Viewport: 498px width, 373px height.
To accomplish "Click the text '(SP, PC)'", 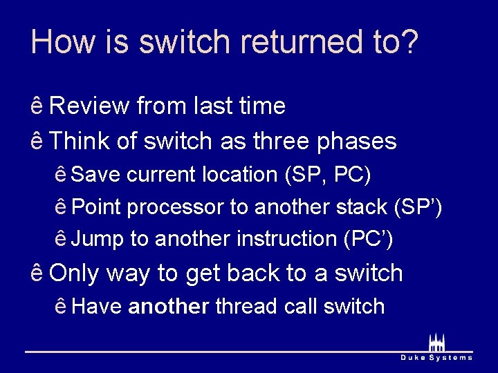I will (328, 175).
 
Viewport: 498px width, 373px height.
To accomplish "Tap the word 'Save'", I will (95, 175).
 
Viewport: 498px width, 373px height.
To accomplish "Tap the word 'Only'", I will (74, 273).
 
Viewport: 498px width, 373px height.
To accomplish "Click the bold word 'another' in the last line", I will (169, 306).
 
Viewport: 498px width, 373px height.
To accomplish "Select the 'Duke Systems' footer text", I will (436, 357).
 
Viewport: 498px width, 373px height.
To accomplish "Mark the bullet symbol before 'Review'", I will (37, 106).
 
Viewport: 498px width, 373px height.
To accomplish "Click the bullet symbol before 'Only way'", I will (37, 274).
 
